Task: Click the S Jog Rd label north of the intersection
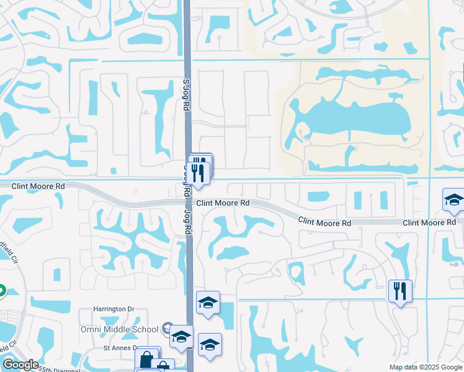[x=185, y=95]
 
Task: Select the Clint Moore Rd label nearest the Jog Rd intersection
[x=223, y=203]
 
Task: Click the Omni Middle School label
[x=120, y=329]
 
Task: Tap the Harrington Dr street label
[x=114, y=309]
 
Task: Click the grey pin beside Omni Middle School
[x=167, y=328]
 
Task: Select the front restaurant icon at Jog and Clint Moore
[x=198, y=172]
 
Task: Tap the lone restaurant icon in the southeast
[x=399, y=290]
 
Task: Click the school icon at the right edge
[x=453, y=201]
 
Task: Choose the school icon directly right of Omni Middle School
[x=181, y=337]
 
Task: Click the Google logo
[x=20, y=365]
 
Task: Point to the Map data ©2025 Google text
[x=425, y=367]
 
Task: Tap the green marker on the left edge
[x=1, y=290]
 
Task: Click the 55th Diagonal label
[x=59, y=368]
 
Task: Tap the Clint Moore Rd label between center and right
[x=324, y=221]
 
